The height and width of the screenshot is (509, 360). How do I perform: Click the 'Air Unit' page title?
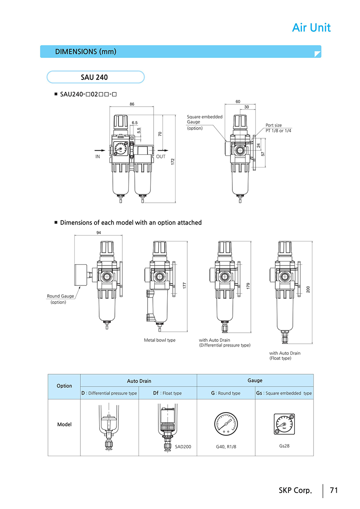pos(311,28)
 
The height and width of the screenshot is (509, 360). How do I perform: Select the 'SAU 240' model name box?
pos(95,77)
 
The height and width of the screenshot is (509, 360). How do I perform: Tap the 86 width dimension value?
pos(132,104)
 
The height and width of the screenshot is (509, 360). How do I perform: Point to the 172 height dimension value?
pos(173,162)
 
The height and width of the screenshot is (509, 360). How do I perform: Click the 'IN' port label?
pos(98,157)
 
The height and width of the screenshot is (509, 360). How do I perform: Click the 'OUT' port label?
pos(160,157)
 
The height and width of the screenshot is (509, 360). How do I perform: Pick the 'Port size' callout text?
pos(274,125)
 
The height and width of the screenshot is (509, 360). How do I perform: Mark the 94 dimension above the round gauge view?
pos(98,233)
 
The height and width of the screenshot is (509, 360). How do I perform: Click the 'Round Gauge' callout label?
pos(60,296)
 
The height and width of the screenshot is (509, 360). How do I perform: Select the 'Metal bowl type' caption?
pos(160,340)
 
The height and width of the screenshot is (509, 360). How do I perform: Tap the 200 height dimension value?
pos(308,289)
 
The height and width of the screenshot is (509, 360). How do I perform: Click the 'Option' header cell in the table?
pos(64,386)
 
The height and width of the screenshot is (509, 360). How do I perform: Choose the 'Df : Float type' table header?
pos(167,393)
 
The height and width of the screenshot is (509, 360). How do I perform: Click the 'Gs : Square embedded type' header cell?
pos(284,393)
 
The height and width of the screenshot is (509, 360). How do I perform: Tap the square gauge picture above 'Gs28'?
pos(284,424)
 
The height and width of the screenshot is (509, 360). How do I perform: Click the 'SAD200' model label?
pos(183,447)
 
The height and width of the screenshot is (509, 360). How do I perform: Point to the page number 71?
pos(334,490)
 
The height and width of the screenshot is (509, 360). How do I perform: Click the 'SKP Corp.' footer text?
pos(295,490)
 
